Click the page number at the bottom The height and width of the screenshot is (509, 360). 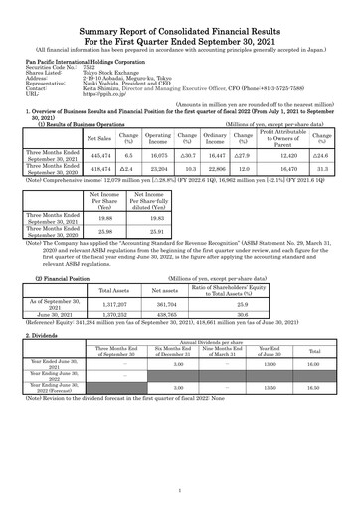pyautogui.click(x=180, y=490)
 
